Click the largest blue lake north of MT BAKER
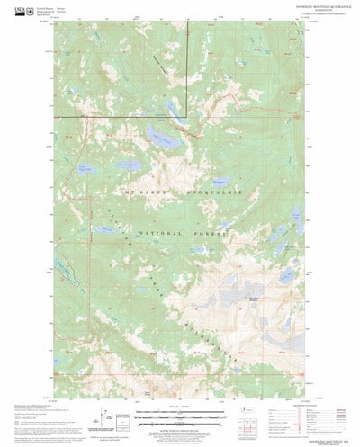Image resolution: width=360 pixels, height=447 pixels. tap(160, 138)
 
